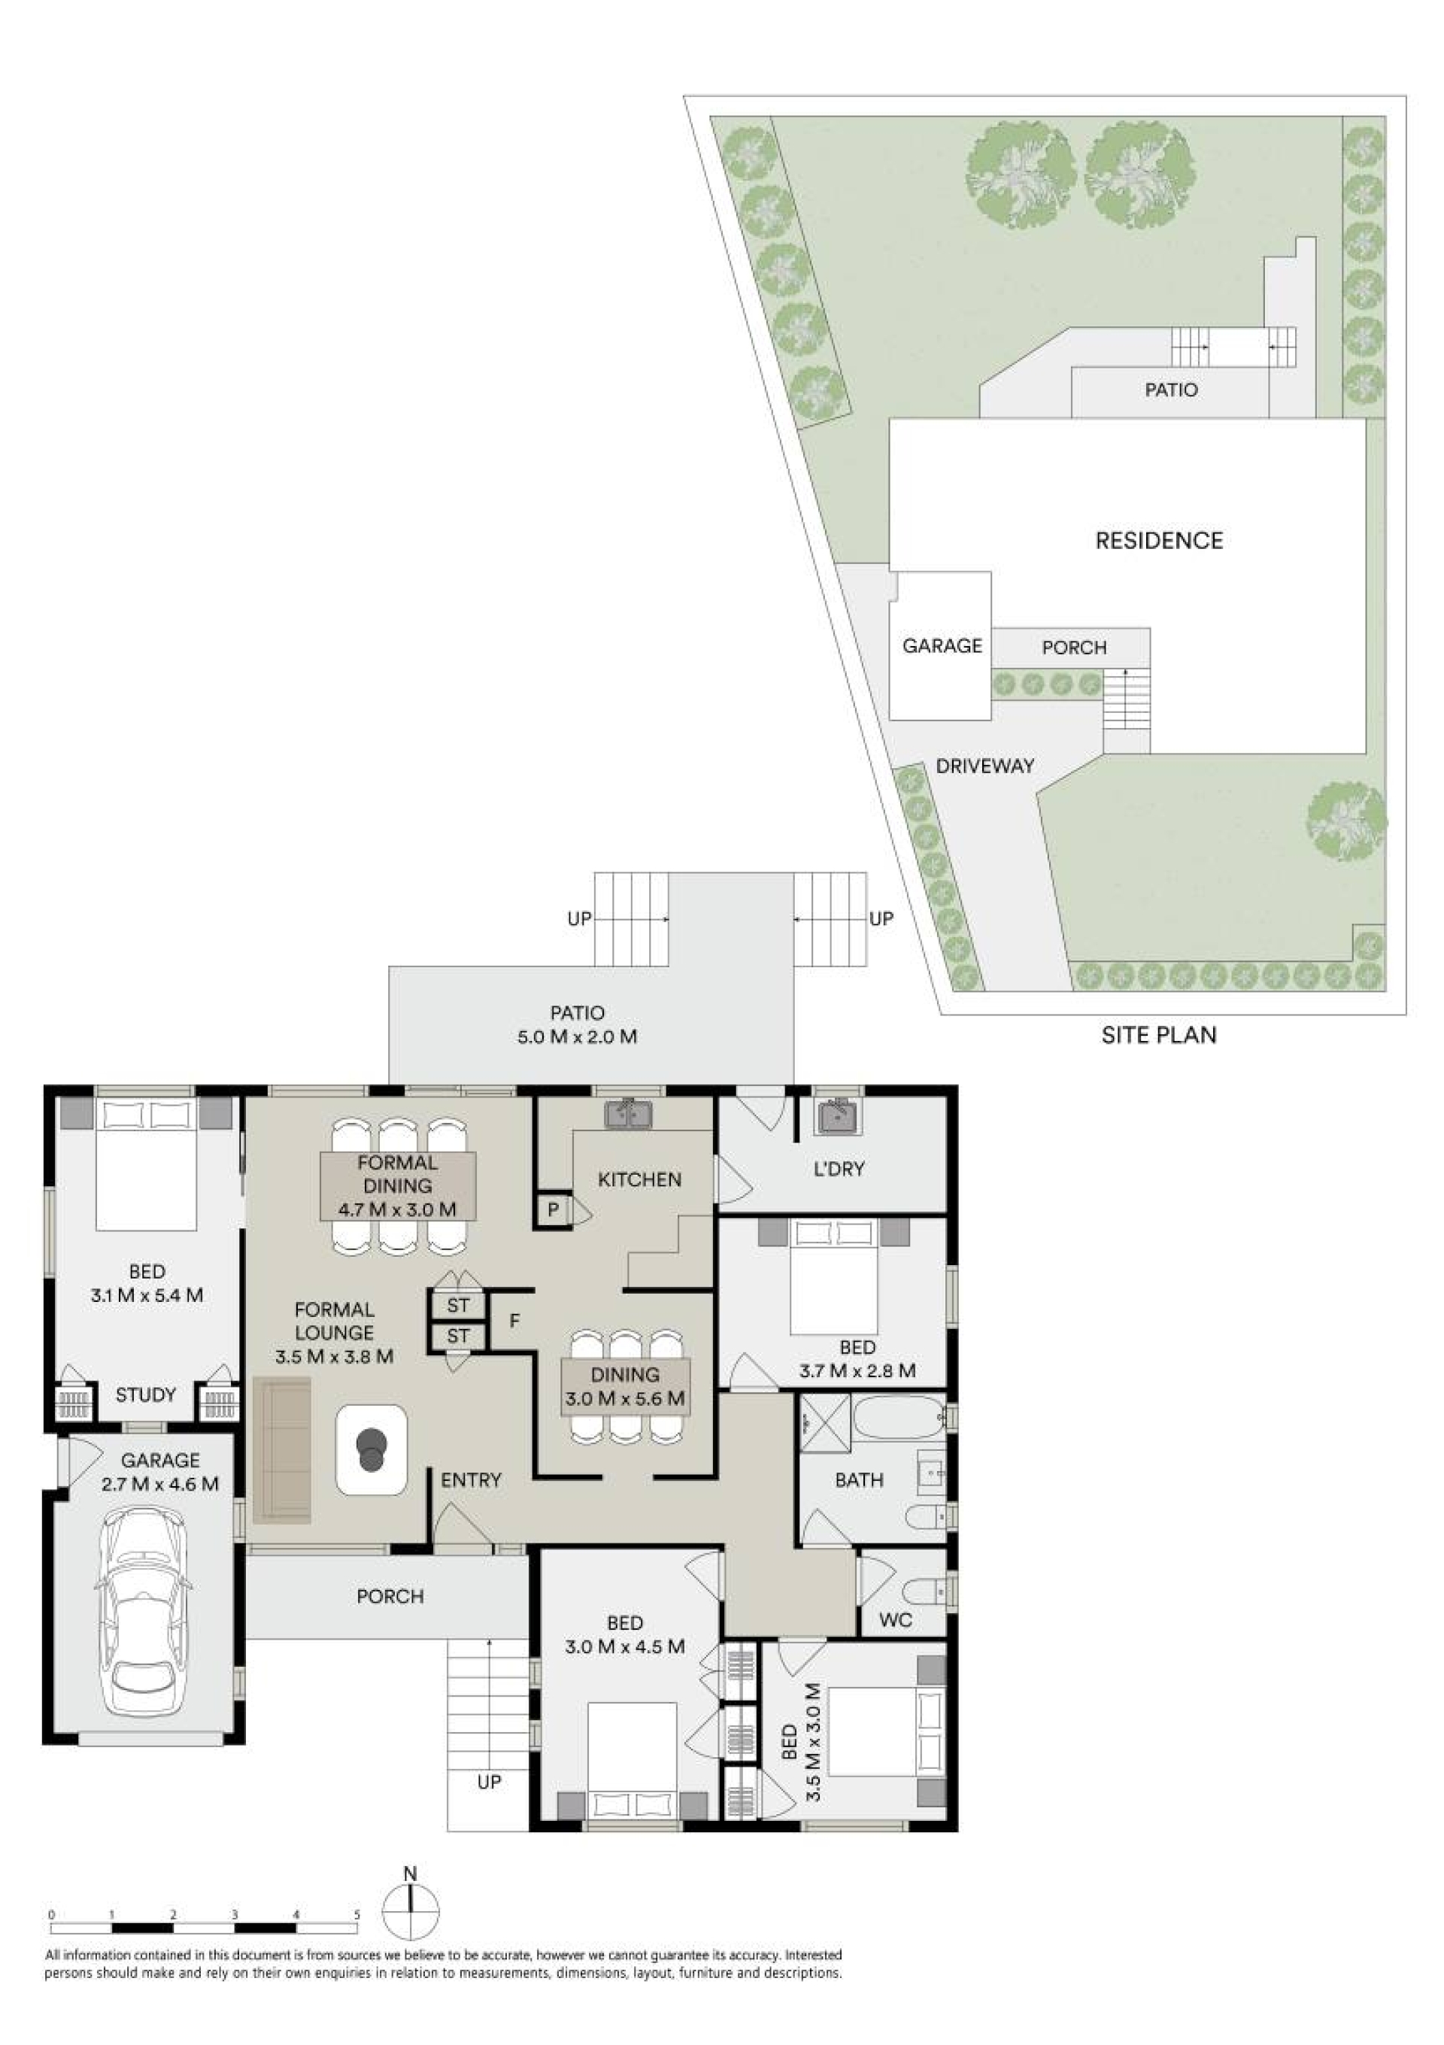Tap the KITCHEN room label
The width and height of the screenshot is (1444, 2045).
(639, 1179)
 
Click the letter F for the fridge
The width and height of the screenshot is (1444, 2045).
(514, 1321)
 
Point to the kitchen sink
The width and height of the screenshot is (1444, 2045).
(629, 1114)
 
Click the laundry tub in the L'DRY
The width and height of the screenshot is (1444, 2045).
(836, 1115)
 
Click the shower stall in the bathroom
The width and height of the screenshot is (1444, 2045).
(825, 1422)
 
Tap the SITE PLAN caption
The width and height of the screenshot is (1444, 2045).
(1159, 1035)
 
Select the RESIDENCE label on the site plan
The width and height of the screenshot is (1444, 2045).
(1159, 541)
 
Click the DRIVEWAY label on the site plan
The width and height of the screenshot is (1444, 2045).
(985, 765)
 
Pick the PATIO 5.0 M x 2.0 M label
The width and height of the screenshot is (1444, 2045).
(578, 1024)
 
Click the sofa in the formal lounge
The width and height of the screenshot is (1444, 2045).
(282, 1449)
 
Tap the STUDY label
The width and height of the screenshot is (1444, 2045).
(145, 1395)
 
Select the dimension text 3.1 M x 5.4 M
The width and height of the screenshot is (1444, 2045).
(147, 1295)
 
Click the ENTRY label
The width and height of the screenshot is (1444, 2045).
(472, 1479)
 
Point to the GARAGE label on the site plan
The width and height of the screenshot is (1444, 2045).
(942, 646)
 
